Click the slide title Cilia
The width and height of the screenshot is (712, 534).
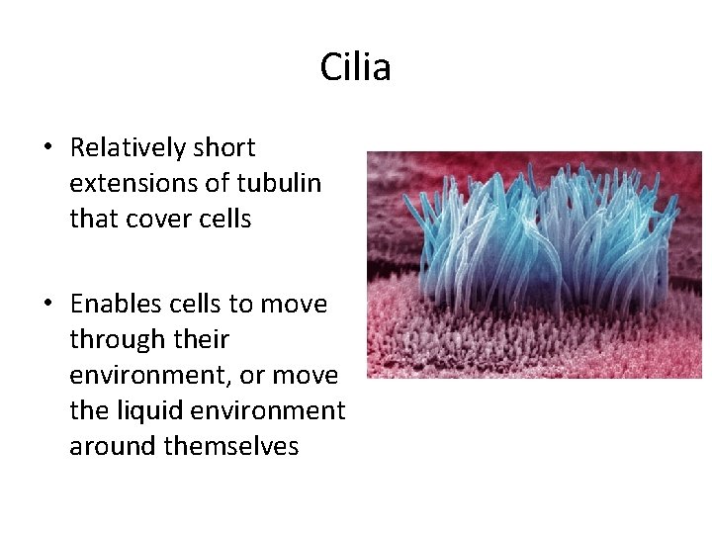pos(355,67)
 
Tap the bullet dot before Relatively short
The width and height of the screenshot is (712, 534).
pos(47,148)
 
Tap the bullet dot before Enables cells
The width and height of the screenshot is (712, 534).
pos(47,305)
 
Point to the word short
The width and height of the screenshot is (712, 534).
pos(224,148)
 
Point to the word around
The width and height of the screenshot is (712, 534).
pos(113,447)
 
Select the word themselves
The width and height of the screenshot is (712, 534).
pos(231,447)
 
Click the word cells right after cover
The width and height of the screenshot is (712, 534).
pos(222,220)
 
